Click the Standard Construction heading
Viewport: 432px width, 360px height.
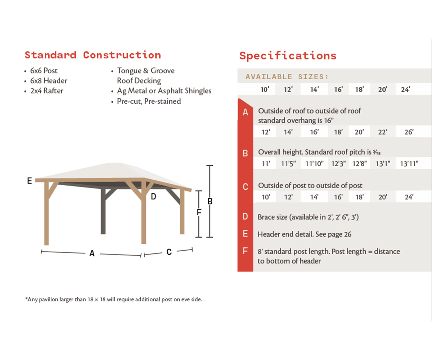93,55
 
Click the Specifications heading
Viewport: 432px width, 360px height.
288,56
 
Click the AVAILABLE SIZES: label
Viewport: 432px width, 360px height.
287,77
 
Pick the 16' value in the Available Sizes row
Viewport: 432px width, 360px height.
338,89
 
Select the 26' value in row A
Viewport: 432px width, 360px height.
409,132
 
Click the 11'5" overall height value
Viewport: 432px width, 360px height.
288,164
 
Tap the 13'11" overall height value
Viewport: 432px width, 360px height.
409,164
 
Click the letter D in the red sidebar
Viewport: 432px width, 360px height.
246,217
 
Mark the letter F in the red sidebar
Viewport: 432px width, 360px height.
246,251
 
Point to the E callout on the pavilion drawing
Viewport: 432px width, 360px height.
30,181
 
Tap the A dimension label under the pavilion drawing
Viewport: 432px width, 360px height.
92,253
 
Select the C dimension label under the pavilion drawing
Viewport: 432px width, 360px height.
169,252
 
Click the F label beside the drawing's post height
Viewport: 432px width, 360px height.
199,212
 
